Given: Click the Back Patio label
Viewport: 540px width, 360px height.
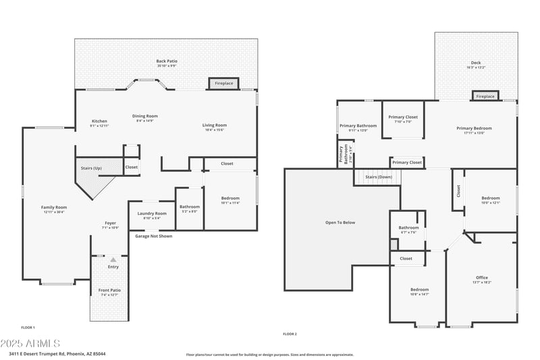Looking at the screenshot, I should pyautogui.click(x=167, y=61).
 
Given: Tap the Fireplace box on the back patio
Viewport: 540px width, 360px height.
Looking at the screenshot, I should pyautogui.click(x=223, y=83).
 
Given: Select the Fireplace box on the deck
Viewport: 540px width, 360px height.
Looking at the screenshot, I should pyautogui.click(x=485, y=97).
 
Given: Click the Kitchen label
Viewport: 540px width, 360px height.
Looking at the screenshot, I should pyautogui.click(x=99, y=122).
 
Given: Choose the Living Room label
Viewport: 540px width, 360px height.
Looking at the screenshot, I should pyautogui.click(x=215, y=125).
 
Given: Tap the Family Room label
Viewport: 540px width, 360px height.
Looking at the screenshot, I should pyautogui.click(x=54, y=207).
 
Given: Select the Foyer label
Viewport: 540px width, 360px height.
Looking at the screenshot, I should pyautogui.click(x=110, y=224).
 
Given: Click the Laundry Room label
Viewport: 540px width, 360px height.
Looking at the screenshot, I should pyautogui.click(x=151, y=213).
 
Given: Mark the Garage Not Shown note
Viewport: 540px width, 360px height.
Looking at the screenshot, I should pyautogui.click(x=153, y=236).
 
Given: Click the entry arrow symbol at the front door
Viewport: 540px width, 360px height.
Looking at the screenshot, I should pyautogui.click(x=113, y=259).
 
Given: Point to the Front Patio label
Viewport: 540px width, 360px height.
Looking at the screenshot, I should pyautogui.click(x=110, y=290).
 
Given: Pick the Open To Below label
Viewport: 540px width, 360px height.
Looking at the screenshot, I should pyautogui.click(x=340, y=222).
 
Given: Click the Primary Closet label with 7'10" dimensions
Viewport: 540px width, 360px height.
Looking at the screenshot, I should pyautogui.click(x=403, y=118).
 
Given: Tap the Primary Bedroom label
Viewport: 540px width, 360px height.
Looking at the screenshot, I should pyautogui.click(x=474, y=128).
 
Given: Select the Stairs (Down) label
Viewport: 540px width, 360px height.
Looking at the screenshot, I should pyautogui.click(x=379, y=177).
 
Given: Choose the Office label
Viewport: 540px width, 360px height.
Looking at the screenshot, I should pyautogui.click(x=481, y=278).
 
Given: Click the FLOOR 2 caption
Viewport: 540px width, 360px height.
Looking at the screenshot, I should pyautogui.click(x=290, y=334).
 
